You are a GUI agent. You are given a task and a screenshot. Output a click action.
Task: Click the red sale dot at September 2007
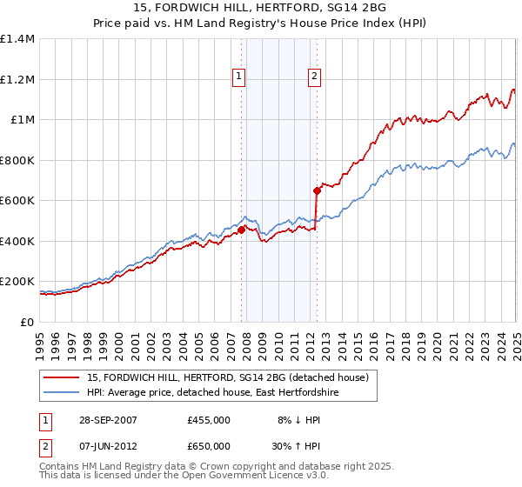pyautogui.click(x=241, y=230)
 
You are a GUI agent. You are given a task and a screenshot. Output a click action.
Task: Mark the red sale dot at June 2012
pyautogui.click(x=316, y=190)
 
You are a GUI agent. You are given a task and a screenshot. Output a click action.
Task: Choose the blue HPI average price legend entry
pyautogui.click(x=213, y=393)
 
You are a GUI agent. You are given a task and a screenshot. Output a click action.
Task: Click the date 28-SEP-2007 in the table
pyautogui.click(x=109, y=420)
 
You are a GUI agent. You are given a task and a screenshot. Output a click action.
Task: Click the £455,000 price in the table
pyautogui.click(x=208, y=420)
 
